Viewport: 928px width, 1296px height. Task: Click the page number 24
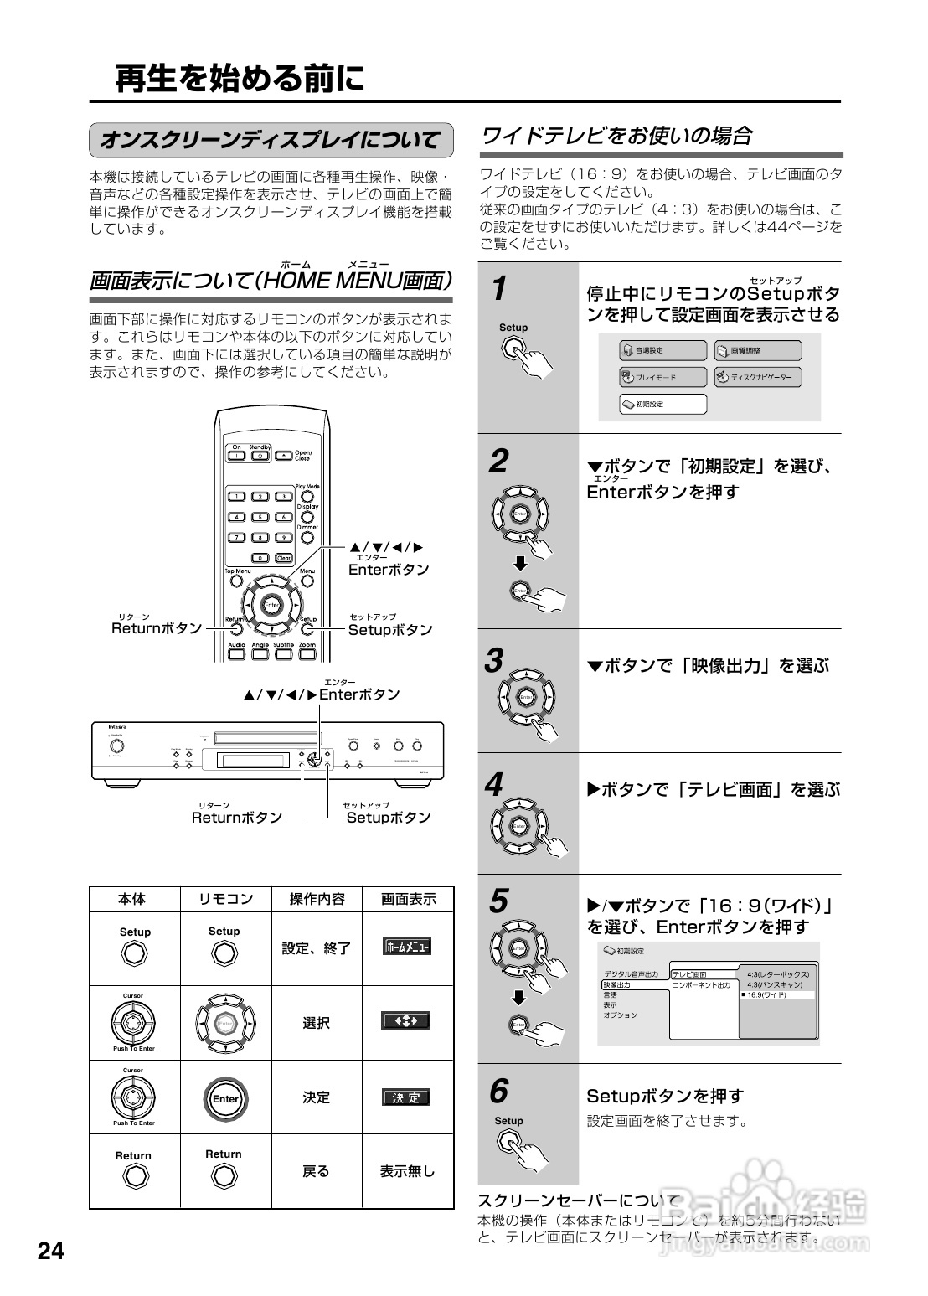tap(49, 1252)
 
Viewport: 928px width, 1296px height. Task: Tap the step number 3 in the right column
tap(495, 661)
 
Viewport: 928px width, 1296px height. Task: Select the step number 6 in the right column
tap(498, 1091)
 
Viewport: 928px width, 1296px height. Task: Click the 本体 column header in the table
tap(132, 899)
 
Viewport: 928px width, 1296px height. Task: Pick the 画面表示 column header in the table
tap(408, 899)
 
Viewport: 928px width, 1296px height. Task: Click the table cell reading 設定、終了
tap(316, 948)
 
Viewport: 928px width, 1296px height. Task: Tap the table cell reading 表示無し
tap(407, 1171)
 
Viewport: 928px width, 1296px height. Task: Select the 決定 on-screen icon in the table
tap(406, 1097)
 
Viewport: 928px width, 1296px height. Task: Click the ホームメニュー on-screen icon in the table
tap(406, 947)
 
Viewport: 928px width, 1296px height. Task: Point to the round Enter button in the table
tap(224, 1099)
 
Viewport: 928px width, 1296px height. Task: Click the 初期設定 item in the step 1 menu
tap(663, 404)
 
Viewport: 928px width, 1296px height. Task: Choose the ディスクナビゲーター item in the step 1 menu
tap(757, 377)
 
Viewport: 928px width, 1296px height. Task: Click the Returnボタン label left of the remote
tap(157, 628)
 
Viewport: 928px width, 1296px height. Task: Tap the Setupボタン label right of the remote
tap(390, 629)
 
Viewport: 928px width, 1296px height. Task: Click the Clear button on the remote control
tap(283, 558)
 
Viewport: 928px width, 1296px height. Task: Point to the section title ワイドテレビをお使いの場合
tap(616, 135)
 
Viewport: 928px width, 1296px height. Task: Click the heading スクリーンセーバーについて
tap(579, 1200)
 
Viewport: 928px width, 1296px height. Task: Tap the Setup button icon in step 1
tap(514, 349)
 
